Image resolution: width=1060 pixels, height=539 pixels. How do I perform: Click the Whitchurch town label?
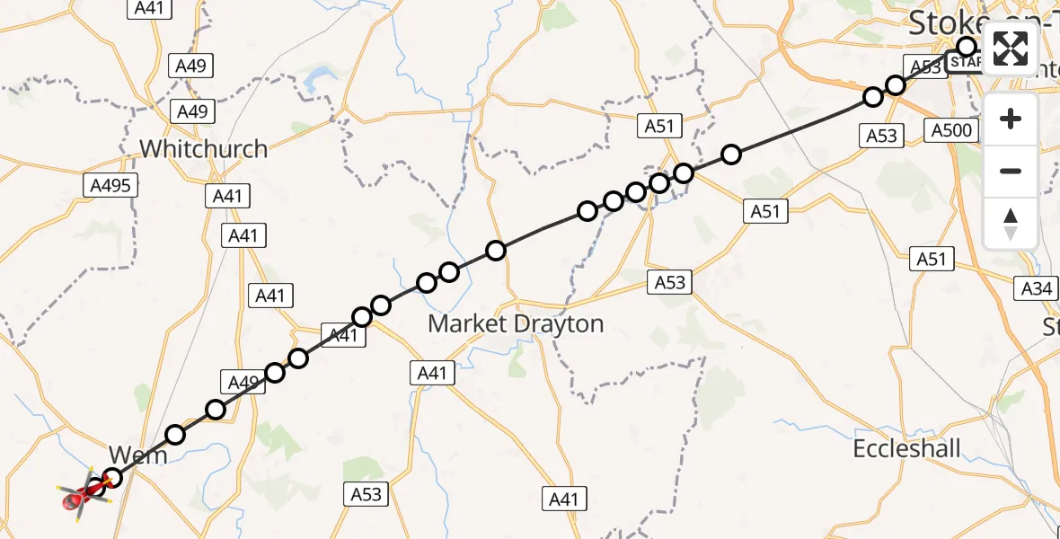pyautogui.click(x=204, y=149)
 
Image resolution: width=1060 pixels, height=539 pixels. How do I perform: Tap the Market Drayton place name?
pyautogui.click(x=516, y=323)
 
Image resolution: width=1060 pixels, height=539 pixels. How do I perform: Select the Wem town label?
pyautogui.click(x=137, y=455)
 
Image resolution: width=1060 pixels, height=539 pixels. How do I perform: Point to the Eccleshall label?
pyautogui.click(x=907, y=449)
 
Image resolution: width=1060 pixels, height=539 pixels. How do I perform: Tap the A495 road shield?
pyautogui.click(x=111, y=186)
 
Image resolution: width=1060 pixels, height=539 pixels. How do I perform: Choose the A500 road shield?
pyautogui.click(x=951, y=131)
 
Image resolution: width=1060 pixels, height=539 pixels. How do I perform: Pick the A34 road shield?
pyautogui.click(x=1037, y=288)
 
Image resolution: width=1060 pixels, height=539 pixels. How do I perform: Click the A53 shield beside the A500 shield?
pyautogui.click(x=882, y=136)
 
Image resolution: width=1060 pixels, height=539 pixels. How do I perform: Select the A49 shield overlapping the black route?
pyautogui.click(x=243, y=383)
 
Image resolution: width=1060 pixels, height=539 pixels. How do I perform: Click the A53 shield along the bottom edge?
pyautogui.click(x=366, y=493)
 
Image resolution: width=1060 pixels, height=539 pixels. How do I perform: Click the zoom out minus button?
pyautogui.click(x=1011, y=171)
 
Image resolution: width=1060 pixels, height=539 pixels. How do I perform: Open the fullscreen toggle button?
pyautogui.click(x=1011, y=48)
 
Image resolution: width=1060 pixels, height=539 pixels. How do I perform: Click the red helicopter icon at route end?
pyautogui.click(x=79, y=494)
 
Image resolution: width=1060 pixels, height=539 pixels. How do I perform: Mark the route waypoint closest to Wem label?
pyautogui.click(x=112, y=477)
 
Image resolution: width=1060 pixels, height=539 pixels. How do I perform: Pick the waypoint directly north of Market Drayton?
pyautogui.click(x=496, y=251)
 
